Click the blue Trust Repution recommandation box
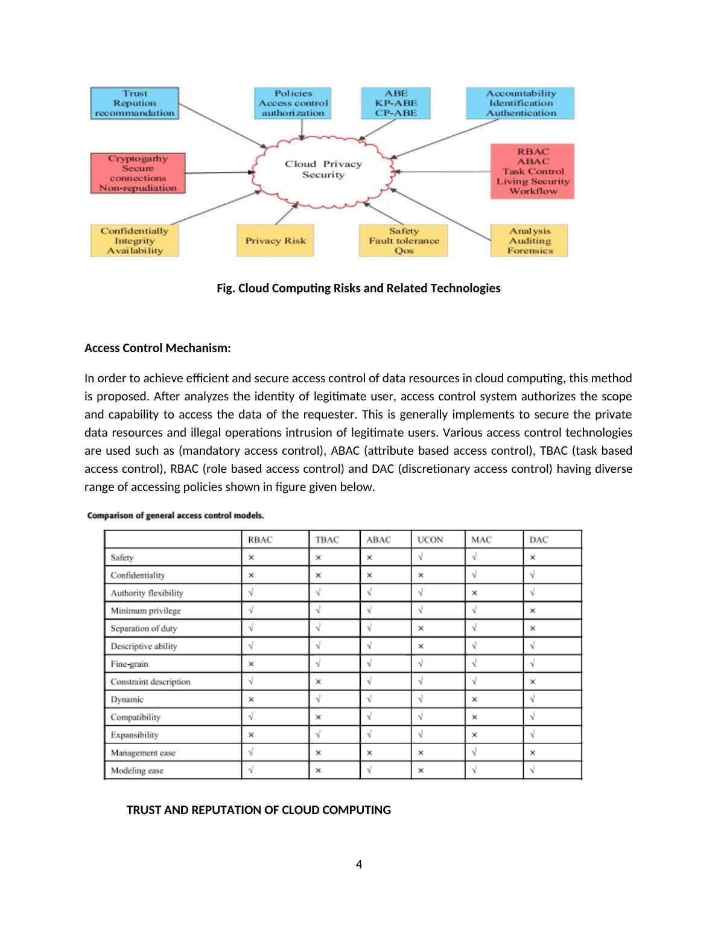pyautogui.click(x=135, y=103)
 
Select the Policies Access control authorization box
pyautogui.click(x=293, y=103)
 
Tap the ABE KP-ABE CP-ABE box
pyautogui.click(x=396, y=103)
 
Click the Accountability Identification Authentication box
pyautogui.click(x=520, y=103)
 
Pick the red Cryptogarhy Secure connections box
pyautogui.click(x=138, y=173)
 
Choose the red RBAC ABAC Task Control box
pyautogui.click(x=532, y=172)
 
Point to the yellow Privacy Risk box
pyautogui.click(x=275, y=241)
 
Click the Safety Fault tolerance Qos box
pyautogui.click(x=404, y=241)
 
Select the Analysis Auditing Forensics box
pyautogui.click(x=529, y=241)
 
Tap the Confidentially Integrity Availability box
pyautogui.click(x=135, y=241)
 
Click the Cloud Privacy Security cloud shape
pyautogui.click(x=323, y=170)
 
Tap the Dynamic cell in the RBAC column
pyautogui.click(x=251, y=700)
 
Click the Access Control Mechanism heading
pyautogui.click(x=157, y=348)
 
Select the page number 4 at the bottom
pyautogui.click(x=359, y=865)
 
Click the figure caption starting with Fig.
pyautogui.click(x=358, y=289)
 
